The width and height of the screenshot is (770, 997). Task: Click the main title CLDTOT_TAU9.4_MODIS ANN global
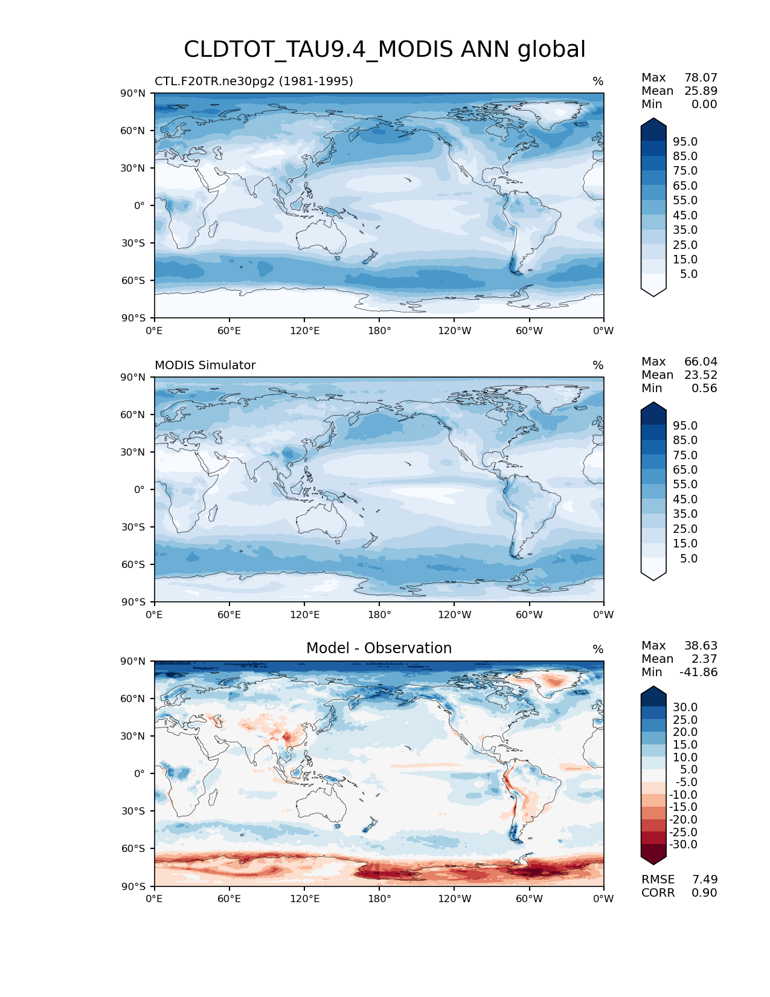(x=385, y=50)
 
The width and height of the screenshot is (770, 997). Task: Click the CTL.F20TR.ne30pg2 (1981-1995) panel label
(x=254, y=81)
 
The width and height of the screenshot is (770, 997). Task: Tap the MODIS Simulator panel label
(x=205, y=365)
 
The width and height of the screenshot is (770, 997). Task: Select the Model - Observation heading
(x=379, y=648)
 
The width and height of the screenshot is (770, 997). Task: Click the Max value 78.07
(x=701, y=77)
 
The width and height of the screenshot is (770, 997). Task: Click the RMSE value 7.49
(x=705, y=879)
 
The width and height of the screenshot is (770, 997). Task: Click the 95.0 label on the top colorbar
(x=685, y=141)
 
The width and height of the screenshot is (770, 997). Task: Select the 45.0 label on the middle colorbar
(x=685, y=499)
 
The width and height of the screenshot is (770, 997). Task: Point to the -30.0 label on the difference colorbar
(x=683, y=844)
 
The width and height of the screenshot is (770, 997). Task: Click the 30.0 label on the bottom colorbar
(x=685, y=707)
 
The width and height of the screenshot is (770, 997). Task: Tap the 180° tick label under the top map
(x=379, y=331)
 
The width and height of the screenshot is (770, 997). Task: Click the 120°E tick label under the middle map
(x=304, y=615)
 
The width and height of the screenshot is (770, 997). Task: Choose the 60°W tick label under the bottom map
(x=529, y=899)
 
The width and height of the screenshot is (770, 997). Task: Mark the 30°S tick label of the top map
(x=133, y=243)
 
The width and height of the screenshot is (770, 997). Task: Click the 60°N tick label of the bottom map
(x=133, y=699)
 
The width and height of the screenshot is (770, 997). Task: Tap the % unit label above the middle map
(x=598, y=365)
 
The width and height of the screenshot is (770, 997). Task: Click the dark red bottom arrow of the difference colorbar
(x=653, y=857)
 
